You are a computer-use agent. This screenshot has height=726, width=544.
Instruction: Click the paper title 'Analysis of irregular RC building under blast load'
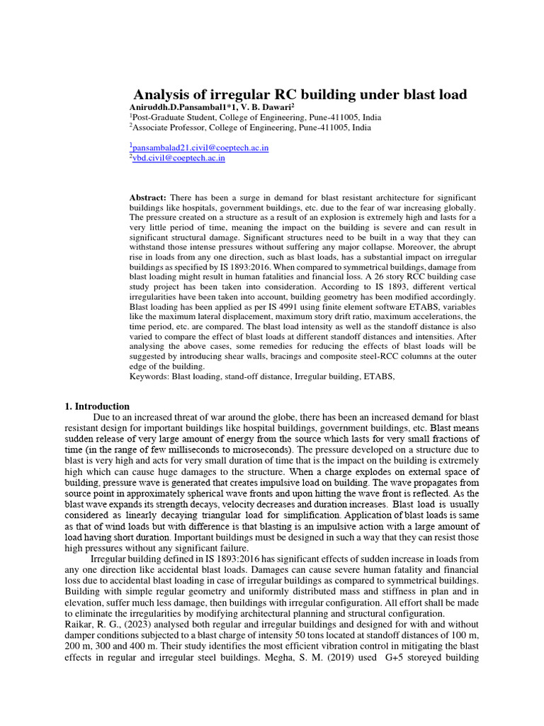(300, 95)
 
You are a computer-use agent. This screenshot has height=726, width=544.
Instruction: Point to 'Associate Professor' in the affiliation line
(171, 128)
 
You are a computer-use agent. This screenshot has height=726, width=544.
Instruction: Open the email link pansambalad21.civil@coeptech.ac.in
(200, 148)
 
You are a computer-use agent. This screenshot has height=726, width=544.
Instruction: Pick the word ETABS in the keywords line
(375, 377)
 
